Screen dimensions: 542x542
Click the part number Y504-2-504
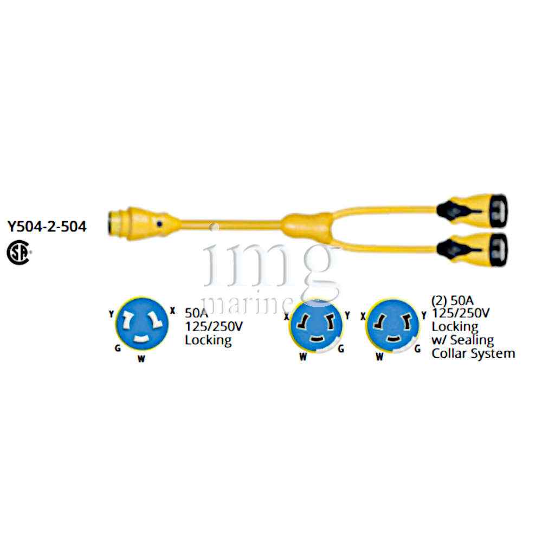tap(47, 227)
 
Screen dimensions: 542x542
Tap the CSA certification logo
tap(19, 253)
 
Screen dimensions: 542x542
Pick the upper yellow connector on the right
tap(472, 211)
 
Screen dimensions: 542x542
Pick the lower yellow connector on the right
tap(472, 249)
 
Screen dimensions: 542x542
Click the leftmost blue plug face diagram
tap(142, 324)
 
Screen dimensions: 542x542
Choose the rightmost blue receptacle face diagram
tap(392, 326)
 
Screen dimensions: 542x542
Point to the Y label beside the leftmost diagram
tap(111, 314)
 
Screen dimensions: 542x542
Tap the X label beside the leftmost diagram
tap(172, 311)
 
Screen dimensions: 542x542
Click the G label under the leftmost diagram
tap(118, 348)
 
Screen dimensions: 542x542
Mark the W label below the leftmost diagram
tap(141, 359)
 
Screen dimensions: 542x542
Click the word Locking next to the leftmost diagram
tap(208, 340)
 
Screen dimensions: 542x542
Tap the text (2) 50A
tap(453, 300)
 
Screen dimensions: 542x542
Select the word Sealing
tap(472, 340)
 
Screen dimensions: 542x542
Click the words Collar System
tap(473, 353)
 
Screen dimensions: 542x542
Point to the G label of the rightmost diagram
tap(417, 349)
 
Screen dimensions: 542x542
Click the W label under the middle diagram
tap(303, 357)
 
